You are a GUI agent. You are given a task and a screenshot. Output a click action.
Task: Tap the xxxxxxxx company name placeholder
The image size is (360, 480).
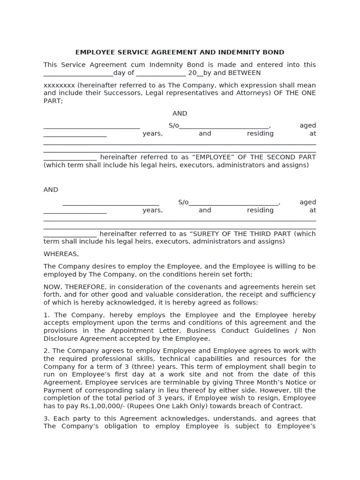(59, 85)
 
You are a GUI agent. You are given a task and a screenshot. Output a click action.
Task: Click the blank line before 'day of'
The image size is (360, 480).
(78, 73)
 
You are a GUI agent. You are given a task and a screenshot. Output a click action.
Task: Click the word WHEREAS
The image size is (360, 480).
(61, 254)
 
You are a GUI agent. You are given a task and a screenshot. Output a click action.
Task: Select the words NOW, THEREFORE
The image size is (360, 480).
(67, 287)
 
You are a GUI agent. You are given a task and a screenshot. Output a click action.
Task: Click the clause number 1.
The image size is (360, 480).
(46, 315)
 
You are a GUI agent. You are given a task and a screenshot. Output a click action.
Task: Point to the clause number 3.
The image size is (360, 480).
(46, 418)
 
